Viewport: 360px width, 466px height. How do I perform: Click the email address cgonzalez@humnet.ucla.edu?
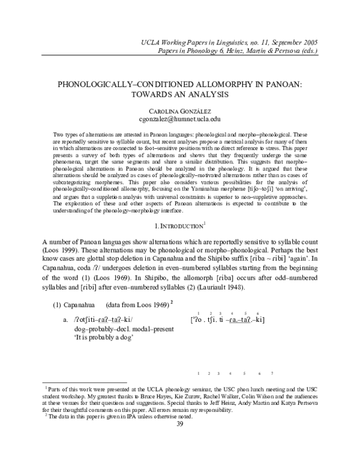click(x=179, y=120)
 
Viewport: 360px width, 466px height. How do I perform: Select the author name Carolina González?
click(x=179, y=111)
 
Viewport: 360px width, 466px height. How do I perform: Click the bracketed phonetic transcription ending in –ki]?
click(x=227, y=319)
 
